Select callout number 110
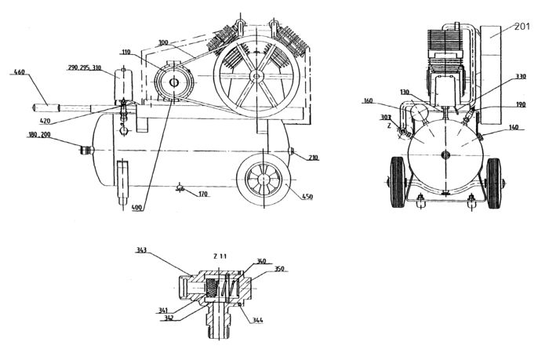[125, 52]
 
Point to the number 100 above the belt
[163, 42]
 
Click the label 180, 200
[39, 135]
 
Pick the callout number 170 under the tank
[203, 194]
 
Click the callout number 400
[138, 208]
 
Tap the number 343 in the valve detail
[142, 251]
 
